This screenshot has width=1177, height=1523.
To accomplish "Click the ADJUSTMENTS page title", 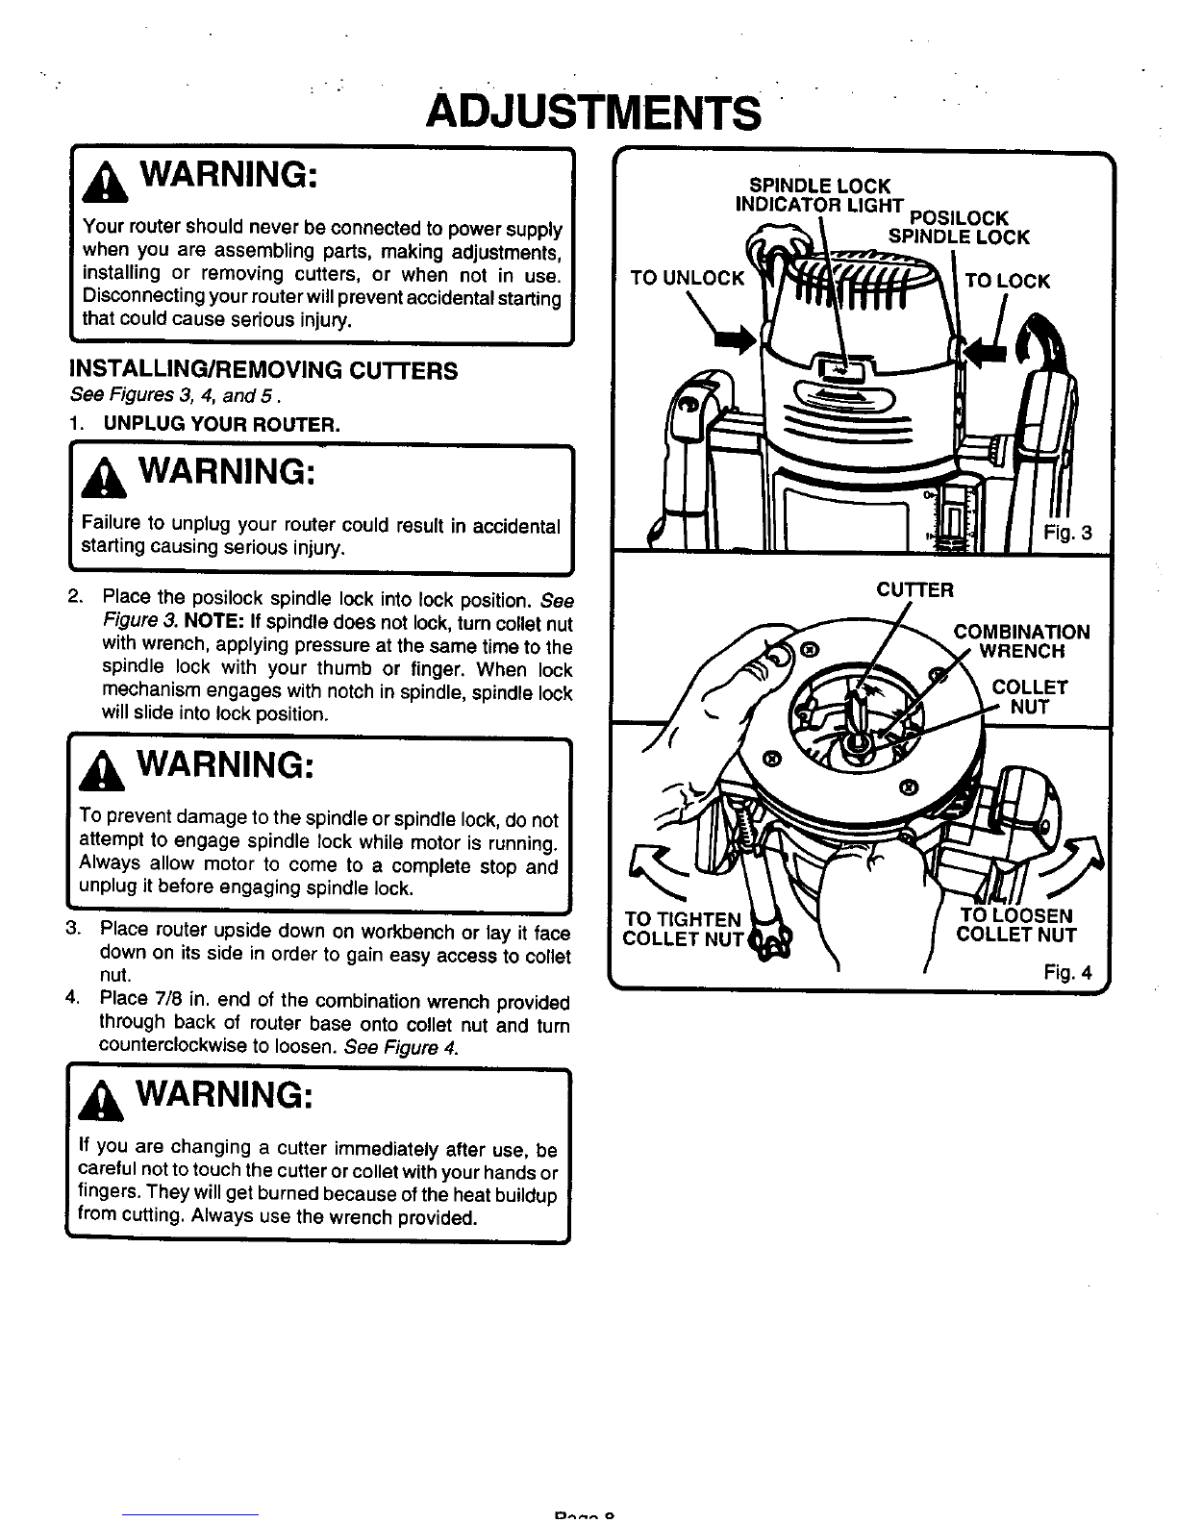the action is (593, 112).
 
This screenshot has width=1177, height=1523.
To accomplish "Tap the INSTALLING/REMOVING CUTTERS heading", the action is (263, 370).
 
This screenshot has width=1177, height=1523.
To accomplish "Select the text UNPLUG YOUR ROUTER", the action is (221, 424).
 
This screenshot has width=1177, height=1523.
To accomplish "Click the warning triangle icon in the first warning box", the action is (105, 182).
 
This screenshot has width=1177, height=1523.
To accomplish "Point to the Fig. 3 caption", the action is (1067, 534).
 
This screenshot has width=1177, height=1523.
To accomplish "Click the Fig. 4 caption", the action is (1067, 972).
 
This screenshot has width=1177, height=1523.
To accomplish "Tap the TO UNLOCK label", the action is (687, 278).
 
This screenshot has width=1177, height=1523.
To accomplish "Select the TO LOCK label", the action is (1008, 281).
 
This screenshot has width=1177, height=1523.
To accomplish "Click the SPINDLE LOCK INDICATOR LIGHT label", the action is (819, 195).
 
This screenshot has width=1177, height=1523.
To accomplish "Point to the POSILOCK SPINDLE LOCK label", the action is (959, 228).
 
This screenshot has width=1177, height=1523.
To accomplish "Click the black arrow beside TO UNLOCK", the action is (736, 340).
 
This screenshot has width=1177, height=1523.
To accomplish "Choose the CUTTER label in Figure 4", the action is (914, 590).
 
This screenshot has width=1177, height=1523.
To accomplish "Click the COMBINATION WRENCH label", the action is (1021, 641).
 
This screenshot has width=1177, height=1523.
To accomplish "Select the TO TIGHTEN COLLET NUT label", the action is (682, 929).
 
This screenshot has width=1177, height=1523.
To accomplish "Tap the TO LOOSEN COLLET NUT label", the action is (1016, 925).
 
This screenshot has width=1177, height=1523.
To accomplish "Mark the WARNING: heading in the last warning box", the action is (224, 1094).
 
